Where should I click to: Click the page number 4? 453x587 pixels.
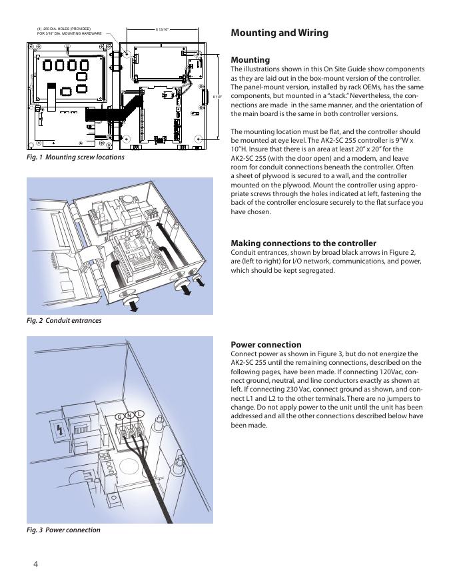(x=36, y=564)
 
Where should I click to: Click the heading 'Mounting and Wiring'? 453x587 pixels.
(x=279, y=33)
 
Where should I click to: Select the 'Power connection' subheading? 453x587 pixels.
(x=266, y=345)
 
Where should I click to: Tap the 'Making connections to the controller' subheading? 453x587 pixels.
(x=303, y=243)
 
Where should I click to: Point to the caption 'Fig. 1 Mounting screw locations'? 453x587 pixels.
(x=75, y=157)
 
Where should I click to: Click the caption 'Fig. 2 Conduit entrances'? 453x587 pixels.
(x=64, y=321)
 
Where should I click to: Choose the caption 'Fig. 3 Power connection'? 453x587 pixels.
(x=63, y=530)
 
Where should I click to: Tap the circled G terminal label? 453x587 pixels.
(x=119, y=417)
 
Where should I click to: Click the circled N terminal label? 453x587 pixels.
(x=130, y=416)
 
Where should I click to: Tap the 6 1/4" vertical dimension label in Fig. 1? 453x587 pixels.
(x=217, y=97)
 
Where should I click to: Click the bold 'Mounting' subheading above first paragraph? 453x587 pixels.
(x=250, y=59)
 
